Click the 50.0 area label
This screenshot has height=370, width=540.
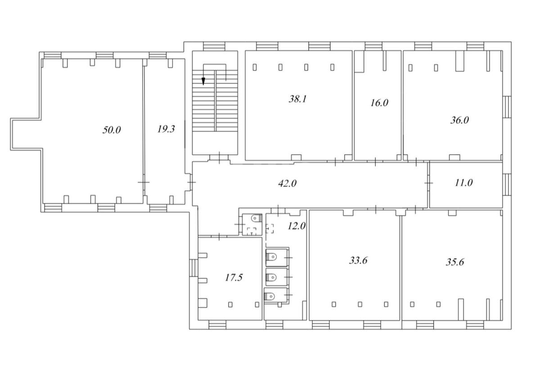(x=112, y=130)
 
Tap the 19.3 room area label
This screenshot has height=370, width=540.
(x=166, y=129)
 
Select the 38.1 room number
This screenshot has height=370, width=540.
(x=297, y=99)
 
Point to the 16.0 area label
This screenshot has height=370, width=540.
(x=379, y=103)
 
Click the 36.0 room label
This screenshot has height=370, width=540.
(x=459, y=120)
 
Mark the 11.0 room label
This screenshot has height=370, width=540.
(x=463, y=183)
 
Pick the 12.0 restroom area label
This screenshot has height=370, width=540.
(x=297, y=226)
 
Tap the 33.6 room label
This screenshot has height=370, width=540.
(x=358, y=260)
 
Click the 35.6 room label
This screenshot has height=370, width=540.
(x=454, y=262)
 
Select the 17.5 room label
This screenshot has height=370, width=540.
(x=234, y=278)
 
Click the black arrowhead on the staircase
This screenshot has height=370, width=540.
(x=203, y=82)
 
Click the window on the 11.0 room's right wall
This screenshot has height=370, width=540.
(x=507, y=185)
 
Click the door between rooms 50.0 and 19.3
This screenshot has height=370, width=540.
(x=144, y=183)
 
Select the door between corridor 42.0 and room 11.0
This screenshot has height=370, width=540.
(x=429, y=183)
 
